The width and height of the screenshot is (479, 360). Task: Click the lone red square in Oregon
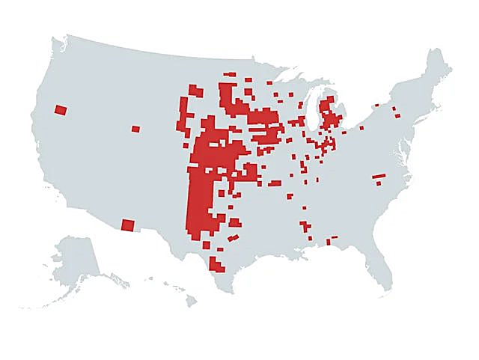(61, 110)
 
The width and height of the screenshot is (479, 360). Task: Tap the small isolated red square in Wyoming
(135, 129)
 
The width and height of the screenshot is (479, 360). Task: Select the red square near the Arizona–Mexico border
(128, 225)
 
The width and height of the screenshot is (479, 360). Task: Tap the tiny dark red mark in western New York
(376, 106)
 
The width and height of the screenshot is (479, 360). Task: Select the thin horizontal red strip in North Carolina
(379, 177)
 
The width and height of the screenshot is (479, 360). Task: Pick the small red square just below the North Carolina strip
(378, 183)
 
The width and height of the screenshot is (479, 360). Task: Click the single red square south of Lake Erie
(361, 128)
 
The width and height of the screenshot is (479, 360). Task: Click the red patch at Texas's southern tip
(216, 264)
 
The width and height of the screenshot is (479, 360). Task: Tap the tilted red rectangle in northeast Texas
(233, 239)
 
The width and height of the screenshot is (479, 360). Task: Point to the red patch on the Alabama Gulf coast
(329, 242)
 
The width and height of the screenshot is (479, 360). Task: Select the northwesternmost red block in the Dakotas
(195, 90)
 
